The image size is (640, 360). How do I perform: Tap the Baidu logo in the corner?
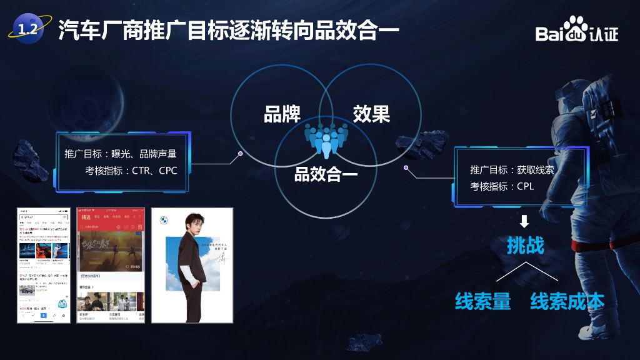(x=576, y=31)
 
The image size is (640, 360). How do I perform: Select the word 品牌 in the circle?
(x=282, y=114)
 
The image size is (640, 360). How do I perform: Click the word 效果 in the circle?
(x=371, y=114)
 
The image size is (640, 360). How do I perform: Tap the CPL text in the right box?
(x=525, y=186)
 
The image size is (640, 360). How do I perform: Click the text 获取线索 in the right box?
(x=535, y=169)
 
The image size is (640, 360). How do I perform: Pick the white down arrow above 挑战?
(x=524, y=221)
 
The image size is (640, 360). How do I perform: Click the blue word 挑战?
(x=525, y=246)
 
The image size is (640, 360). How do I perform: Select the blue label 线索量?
(x=482, y=301)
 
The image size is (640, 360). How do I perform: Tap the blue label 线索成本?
(x=567, y=301)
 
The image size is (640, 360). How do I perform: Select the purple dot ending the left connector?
(x=241, y=152)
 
